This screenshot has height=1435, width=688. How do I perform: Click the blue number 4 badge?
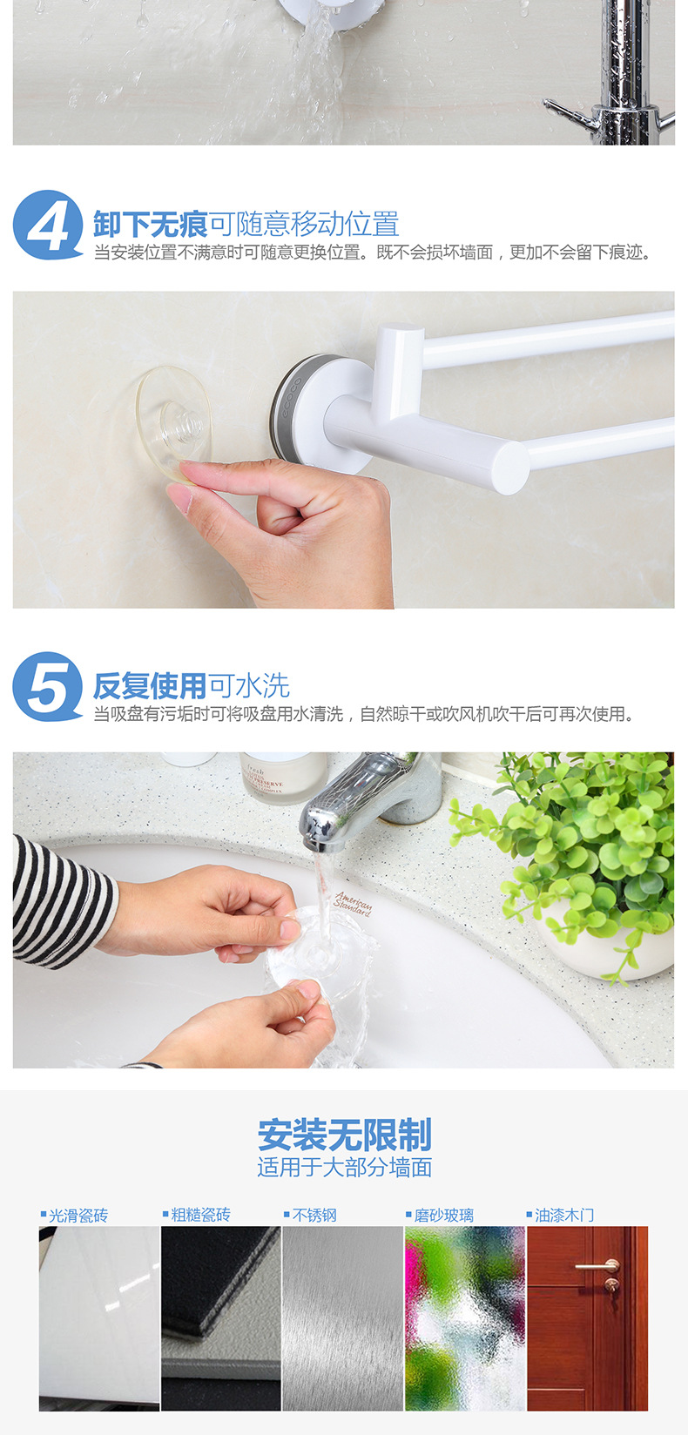pyautogui.click(x=48, y=226)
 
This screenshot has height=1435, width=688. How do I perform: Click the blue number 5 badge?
pyautogui.click(x=48, y=687)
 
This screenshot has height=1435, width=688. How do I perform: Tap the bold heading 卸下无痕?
pyautogui.click(x=150, y=225)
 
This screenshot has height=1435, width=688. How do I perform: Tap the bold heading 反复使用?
pyautogui.click(x=150, y=686)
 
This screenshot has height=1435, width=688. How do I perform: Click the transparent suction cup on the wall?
pyautogui.click(x=172, y=424)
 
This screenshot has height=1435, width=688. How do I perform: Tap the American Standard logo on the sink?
pyautogui.click(x=353, y=903)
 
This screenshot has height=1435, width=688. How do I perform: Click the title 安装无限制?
pyautogui.click(x=344, y=1135)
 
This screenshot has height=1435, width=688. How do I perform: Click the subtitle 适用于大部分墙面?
pyautogui.click(x=344, y=1168)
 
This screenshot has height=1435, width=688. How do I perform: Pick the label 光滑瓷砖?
pyautogui.click(x=78, y=1215)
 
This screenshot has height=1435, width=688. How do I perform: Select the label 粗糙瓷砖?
pyautogui.click(x=199, y=1215)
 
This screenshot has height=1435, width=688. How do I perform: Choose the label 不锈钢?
pyautogui.click(x=314, y=1215)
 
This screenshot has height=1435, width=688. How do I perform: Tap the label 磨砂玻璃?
pyautogui.click(x=443, y=1215)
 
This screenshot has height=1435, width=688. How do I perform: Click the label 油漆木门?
pyautogui.click(x=564, y=1215)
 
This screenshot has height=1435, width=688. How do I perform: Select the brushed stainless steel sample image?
pyautogui.click(x=342, y=1317)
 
